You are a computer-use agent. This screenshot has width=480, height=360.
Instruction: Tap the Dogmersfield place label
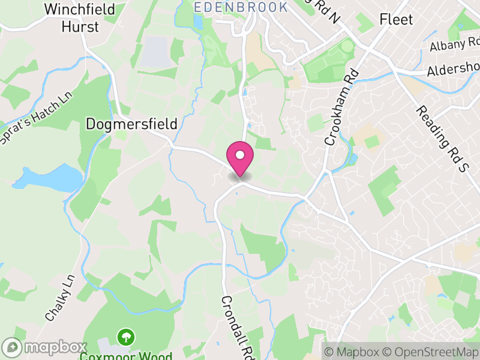(132, 124)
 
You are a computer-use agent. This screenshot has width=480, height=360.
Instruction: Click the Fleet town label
(396, 19)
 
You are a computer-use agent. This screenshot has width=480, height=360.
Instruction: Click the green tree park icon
(126, 337)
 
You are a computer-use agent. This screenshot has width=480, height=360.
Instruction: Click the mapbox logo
(45, 347)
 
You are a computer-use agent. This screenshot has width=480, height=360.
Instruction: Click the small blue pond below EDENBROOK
(199, 22)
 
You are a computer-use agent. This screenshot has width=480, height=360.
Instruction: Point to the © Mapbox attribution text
(352, 352)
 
